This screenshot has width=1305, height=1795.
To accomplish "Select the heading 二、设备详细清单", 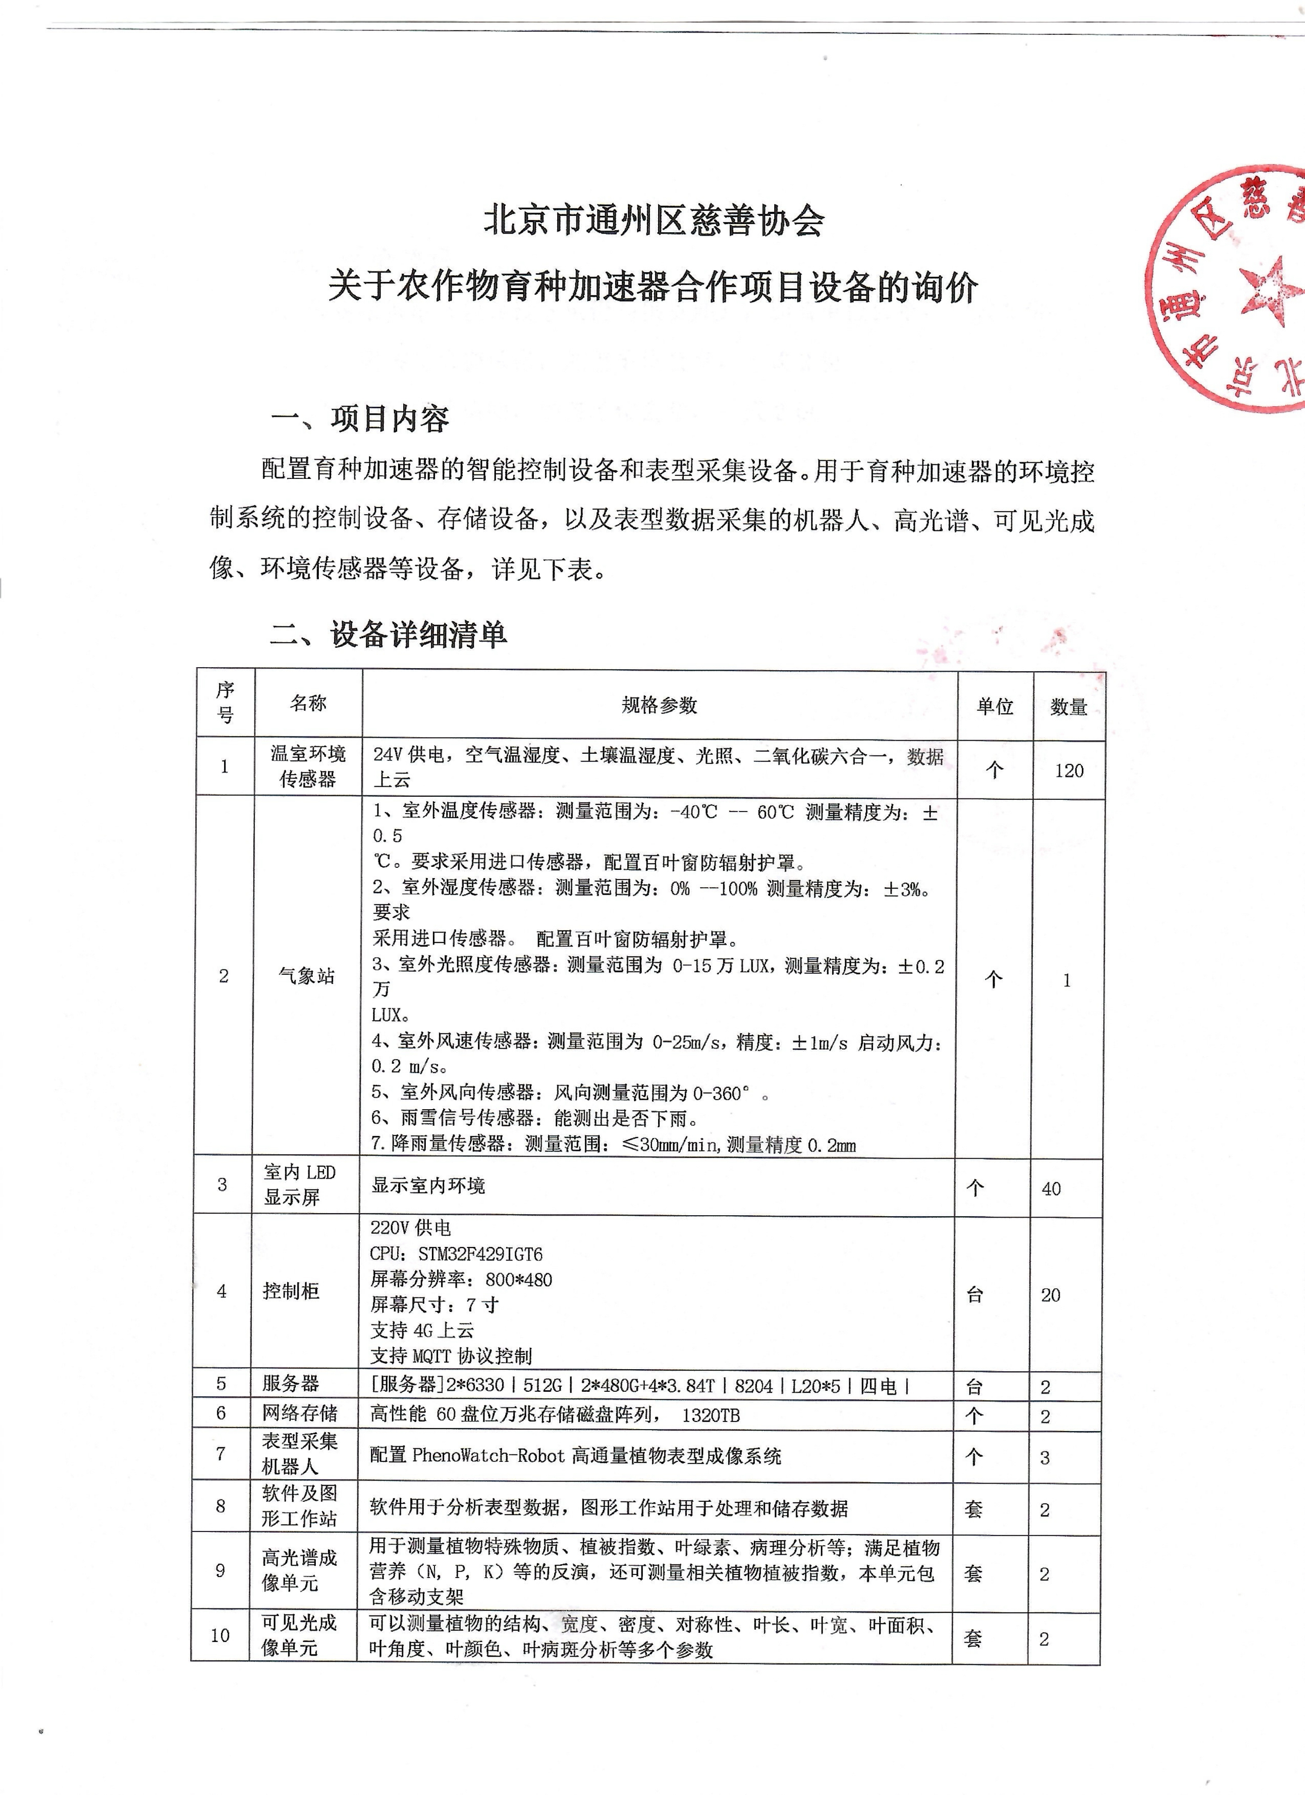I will [388, 634].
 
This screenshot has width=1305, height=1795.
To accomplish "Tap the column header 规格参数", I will [659, 705].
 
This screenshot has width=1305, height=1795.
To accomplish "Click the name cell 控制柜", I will [291, 1291].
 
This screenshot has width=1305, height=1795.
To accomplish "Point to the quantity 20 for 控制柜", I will [1050, 1295].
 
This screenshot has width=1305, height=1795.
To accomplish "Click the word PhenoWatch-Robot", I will [488, 1455].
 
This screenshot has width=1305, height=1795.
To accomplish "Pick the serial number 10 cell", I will [220, 1635].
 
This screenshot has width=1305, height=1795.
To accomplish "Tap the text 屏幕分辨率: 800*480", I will [461, 1279].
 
